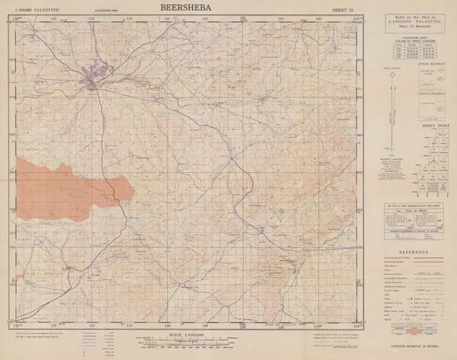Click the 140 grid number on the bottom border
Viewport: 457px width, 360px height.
[x=167, y=325]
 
